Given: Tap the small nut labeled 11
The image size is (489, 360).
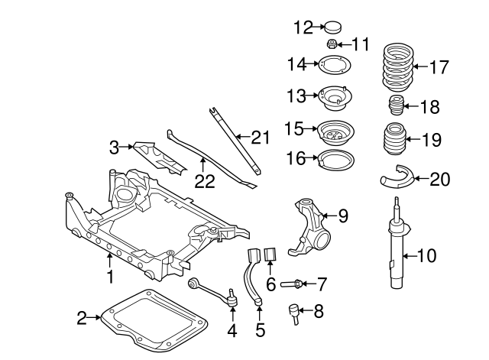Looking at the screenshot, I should click(x=333, y=44).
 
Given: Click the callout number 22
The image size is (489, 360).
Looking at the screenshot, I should click(x=204, y=183).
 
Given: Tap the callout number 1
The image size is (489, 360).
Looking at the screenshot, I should click(x=110, y=276).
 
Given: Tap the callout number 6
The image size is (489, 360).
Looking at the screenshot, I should click(x=270, y=284).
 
